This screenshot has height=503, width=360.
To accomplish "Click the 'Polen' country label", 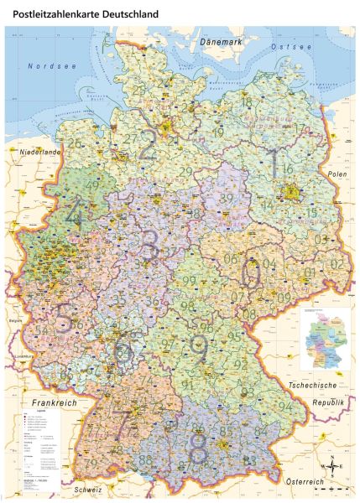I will [x=337, y=173].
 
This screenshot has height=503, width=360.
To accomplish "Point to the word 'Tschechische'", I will [x=313, y=384].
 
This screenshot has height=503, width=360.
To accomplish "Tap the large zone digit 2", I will [x=148, y=144].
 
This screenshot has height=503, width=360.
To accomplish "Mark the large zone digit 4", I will [x=75, y=214].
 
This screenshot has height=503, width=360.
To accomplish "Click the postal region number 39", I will [x=227, y=198].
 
